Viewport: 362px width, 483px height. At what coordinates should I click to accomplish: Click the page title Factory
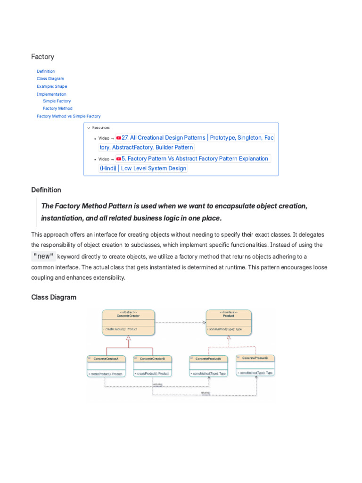tap(42, 57)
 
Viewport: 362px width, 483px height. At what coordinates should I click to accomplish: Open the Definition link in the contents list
tap(46, 71)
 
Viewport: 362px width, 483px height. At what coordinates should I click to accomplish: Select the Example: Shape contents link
tap(52, 86)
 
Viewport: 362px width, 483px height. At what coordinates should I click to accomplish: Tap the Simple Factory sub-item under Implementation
tap(57, 101)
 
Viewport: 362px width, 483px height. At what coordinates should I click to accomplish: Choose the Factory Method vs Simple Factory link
tap(68, 116)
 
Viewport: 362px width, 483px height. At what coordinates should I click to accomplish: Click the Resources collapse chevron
tap(89, 128)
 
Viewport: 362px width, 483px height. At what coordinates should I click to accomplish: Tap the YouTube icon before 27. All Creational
tap(119, 138)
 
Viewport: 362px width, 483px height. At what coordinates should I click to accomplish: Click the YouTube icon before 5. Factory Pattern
tap(119, 159)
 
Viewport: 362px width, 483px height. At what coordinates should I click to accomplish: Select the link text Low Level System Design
tap(154, 168)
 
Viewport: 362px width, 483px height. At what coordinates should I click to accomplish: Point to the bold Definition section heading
tap(46, 190)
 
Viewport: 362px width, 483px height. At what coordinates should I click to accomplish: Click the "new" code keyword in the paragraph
tap(43, 256)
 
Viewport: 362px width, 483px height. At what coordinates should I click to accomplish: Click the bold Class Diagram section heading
tap(54, 297)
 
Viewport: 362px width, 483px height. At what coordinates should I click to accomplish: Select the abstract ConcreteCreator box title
tap(128, 316)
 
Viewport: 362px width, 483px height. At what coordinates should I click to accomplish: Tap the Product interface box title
tap(229, 316)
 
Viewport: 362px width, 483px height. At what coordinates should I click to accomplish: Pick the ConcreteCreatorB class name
tap(152, 359)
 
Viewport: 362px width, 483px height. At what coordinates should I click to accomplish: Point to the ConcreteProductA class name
tap(208, 359)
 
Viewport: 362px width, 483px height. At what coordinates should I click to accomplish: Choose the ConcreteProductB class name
tap(255, 358)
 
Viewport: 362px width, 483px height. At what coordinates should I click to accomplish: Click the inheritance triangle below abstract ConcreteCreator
tap(128, 338)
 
